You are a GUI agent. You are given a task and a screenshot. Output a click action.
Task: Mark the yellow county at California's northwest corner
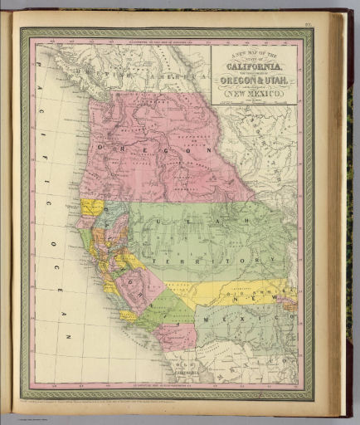point(90,207)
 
